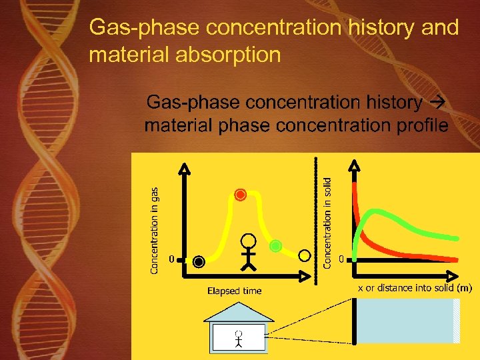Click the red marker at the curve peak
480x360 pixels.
241,195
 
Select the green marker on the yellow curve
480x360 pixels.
276,246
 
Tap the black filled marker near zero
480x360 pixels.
199,262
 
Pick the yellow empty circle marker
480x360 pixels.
305,255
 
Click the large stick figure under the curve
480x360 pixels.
248,251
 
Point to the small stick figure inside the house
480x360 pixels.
238,339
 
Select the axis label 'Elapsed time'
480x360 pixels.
234,291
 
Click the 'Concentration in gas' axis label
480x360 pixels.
154,230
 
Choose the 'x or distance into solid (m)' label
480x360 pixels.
415,288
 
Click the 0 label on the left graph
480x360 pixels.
171,257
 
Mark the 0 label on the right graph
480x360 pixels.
342,257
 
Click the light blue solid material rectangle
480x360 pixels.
407,321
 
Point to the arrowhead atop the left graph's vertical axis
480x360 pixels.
185,166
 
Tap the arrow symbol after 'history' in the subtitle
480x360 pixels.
438,103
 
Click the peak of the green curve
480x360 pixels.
379,213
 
